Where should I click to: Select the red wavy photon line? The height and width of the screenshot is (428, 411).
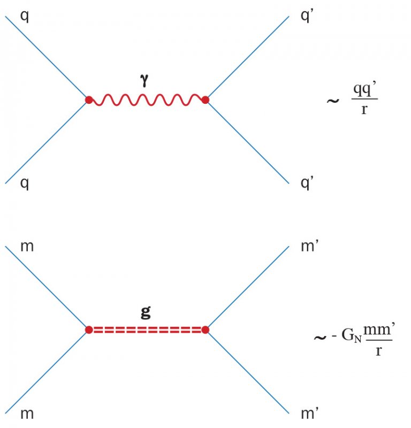point(147,100)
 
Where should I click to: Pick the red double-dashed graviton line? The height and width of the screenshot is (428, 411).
point(147,330)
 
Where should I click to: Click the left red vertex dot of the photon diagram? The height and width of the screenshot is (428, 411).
point(89,100)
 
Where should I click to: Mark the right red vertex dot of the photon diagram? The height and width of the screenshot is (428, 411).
point(205,100)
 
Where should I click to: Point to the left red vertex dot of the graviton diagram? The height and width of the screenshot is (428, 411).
point(89,330)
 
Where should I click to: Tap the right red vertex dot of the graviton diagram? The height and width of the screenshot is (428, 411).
point(205,330)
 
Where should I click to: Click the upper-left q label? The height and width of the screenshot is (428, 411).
point(25,16)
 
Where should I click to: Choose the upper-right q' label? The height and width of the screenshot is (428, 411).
point(307,16)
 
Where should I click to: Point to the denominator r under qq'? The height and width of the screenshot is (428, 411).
point(364,112)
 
